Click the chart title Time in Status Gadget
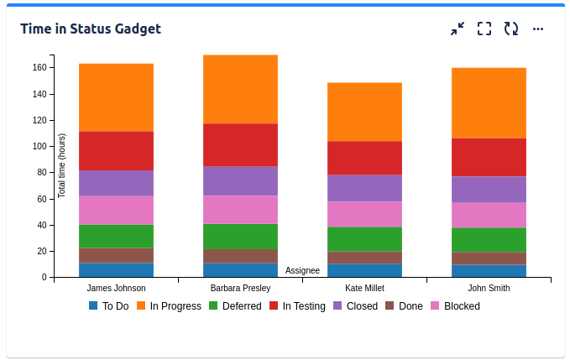pyautogui.click(x=91, y=29)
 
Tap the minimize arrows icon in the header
pyautogui.click(x=458, y=29)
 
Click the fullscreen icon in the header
pyautogui.click(x=484, y=29)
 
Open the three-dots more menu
pyautogui.click(x=538, y=29)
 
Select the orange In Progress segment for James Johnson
pyautogui.click(x=116, y=97)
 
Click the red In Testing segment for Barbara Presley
pyautogui.click(x=240, y=145)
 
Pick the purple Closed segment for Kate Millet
pyautogui.click(x=364, y=188)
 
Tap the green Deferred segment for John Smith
pyautogui.click(x=489, y=240)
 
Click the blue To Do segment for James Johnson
pyautogui.click(x=116, y=270)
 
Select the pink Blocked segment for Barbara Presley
pyautogui.click(x=240, y=210)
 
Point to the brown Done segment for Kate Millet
pyautogui.click(x=364, y=258)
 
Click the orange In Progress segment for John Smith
pyautogui.click(x=489, y=103)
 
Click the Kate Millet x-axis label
pyautogui.click(x=364, y=289)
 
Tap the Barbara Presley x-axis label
pyautogui.click(x=240, y=289)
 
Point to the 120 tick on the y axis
pyautogui.click(x=41, y=120)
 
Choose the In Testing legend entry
pyautogui.click(x=297, y=306)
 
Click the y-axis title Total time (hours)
pyautogui.click(x=62, y=165)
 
